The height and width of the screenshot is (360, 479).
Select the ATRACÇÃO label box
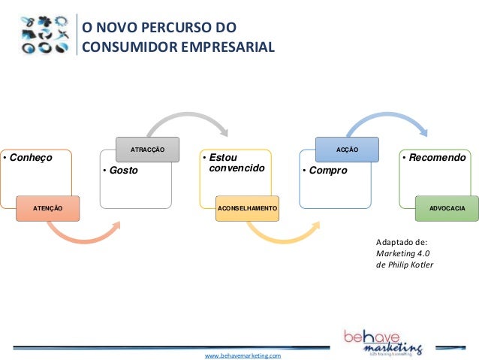tap(149, 150)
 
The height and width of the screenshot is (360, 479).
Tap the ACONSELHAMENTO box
tap(247, 207)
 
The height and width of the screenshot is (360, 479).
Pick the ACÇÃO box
tap(347, 150)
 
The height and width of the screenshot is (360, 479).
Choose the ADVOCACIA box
tap(446, 207)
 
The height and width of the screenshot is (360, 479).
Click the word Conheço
tap(29, 159)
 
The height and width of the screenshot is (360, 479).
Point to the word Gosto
tap(124, 171)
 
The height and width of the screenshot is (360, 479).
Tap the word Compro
tap(327, 171)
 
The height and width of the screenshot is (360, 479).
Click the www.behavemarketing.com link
tap(243, 354)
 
